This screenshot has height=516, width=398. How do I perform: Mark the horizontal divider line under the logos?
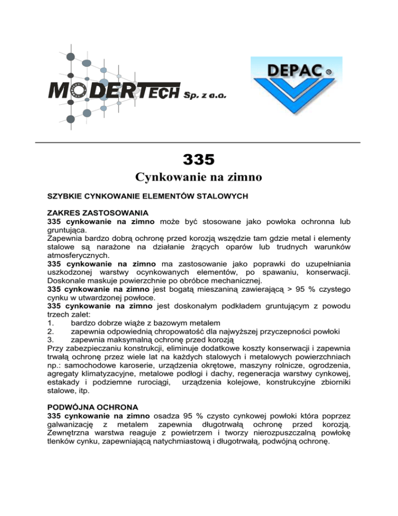coord(198,142)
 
